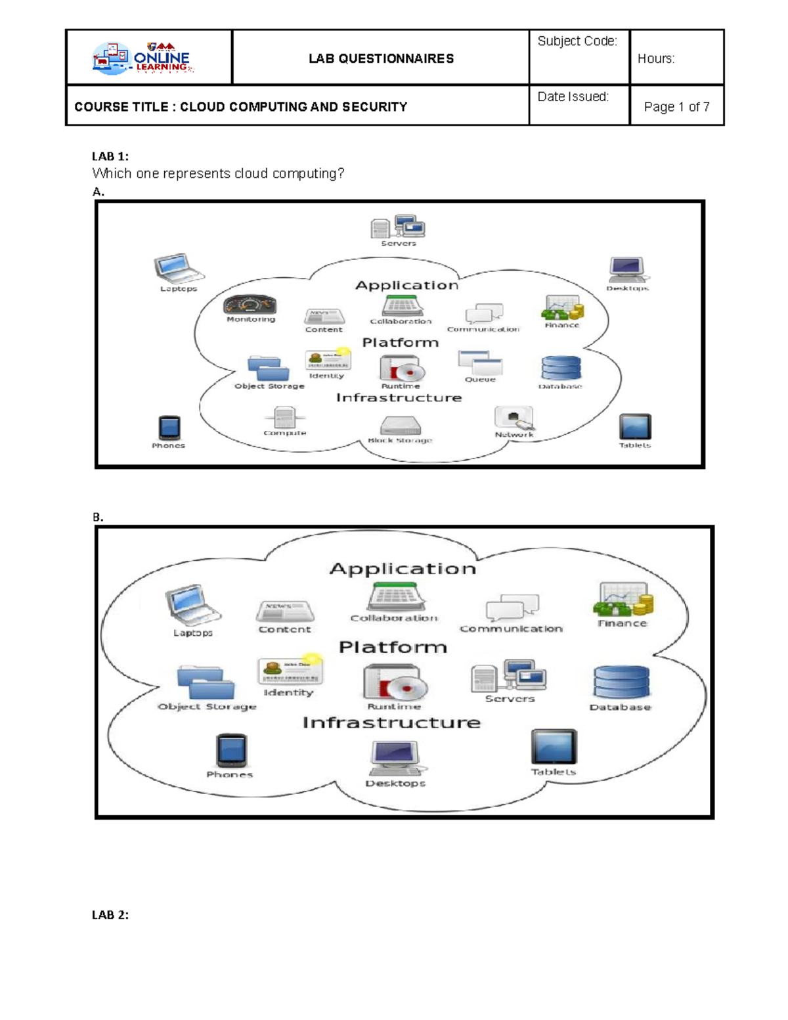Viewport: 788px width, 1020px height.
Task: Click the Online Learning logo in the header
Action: coord(142,58)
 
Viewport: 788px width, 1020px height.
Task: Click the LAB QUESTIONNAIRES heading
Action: coord(381,59)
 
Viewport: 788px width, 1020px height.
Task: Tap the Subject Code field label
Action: coord(577,41)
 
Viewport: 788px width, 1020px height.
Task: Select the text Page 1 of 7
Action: coord(676,106)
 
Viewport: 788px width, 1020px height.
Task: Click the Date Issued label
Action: coord(573,97)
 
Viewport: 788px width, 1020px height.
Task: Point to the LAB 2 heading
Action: coord(110,914)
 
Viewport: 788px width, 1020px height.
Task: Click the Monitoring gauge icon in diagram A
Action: coord(250,305)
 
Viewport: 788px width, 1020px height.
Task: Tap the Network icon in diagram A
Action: coord(514,418)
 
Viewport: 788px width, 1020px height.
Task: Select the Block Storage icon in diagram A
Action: coord(400,426)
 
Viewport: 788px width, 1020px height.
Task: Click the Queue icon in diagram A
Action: coord(480,363)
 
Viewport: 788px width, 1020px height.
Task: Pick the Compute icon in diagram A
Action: coord(284,417)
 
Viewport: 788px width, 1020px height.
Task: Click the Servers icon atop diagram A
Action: coord(398,227)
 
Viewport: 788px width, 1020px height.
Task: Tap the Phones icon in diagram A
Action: coord(169,428)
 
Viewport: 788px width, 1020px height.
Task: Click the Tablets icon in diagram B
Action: coord(554,747)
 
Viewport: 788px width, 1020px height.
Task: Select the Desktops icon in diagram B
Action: coord(396,758)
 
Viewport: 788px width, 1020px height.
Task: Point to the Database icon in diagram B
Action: coord(621,682)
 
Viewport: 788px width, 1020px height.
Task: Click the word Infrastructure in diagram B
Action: coord(391,722)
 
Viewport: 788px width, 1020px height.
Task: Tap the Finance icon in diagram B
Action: coord(623,599)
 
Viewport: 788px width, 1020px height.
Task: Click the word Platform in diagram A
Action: coord(400,342)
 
